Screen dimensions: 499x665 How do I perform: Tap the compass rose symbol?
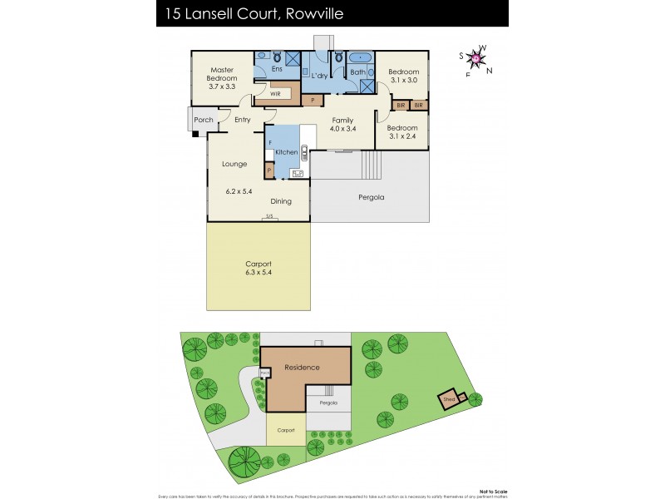pyautogui.click(x=475, y=58)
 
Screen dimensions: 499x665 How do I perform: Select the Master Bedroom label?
pyautogui.click(x=221, y=75)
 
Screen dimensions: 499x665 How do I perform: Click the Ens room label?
pyautogui.click(x=277, y=70)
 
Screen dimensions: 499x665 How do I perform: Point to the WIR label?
pyautogui.click(x=275, y=95)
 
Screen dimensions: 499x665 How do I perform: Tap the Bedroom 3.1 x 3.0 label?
pyautogui.click(x=403, y=77)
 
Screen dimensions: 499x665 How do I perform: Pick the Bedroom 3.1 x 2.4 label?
pyautogui.click(x=403, y=132)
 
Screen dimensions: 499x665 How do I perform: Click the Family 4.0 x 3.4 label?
pyautogui.click(x=342, y=125)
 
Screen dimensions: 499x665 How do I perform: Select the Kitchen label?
pyautogui.click(x=286, y=153)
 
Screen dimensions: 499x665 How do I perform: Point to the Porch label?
pyautogui.click(x=203, y=120)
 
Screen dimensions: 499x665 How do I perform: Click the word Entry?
pyautogui.click(x=242, y=120)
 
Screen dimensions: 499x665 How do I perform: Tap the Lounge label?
pyautogui.click(x=234, y=164)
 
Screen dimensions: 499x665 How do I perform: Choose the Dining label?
pyautogui.click(x=281, y=201)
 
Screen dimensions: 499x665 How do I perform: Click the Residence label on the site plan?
pyautogui.click(x=302, y=367)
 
